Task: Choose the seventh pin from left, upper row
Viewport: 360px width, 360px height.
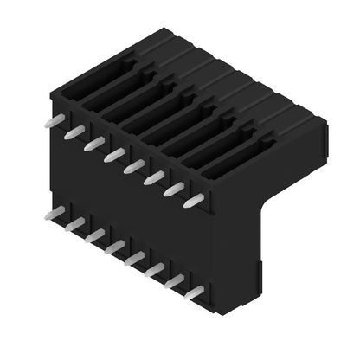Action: (x=174, y=190)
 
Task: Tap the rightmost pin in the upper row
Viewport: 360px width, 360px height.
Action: (x=194, y=201)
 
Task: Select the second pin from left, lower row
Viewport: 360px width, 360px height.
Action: (x=74, y=224)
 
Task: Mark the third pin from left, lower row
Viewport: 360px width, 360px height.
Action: (x=94, y=235)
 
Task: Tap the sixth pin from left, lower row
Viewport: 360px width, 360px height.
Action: (x=154, y=270)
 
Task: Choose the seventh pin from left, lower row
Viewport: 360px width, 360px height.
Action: (x=174, y=282)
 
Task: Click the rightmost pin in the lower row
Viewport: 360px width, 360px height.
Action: (x=194, y=293)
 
